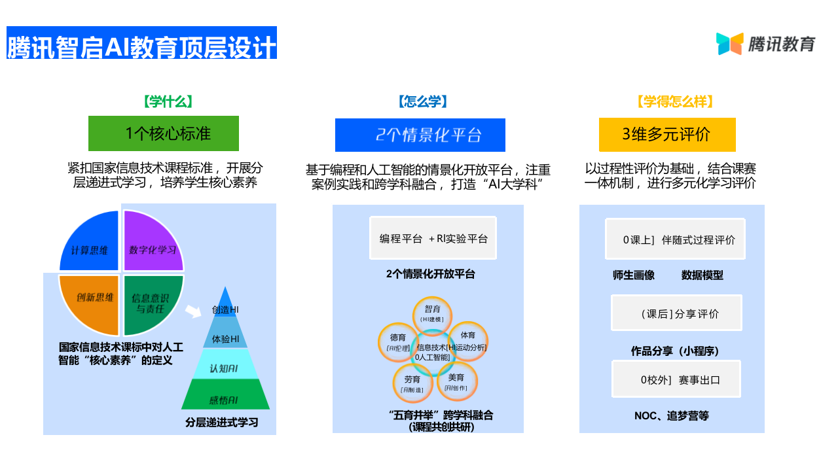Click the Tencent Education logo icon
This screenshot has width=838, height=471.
point(729,44)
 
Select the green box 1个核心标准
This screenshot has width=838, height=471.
point(164,133)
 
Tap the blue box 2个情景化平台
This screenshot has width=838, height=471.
point(420,135)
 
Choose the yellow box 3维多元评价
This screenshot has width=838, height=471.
point(667,135)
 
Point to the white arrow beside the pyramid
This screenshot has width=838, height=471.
point(193,311)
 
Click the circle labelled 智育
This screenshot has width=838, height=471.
point(432,312)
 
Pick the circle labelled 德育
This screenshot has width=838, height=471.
point(397,341)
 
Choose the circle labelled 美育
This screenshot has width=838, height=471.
point(456,381)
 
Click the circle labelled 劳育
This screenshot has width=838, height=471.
point(412,383)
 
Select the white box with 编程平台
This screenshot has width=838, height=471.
point(433,239)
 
